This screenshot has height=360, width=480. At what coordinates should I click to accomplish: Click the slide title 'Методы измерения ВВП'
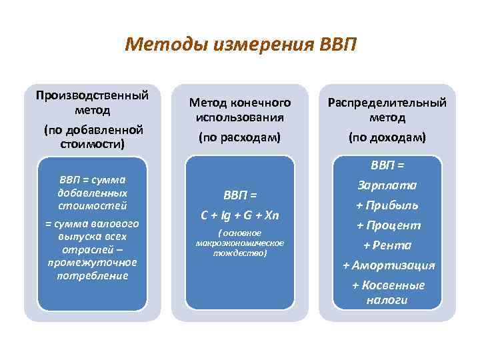tap(241, 45)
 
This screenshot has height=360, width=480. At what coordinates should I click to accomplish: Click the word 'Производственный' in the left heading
tap(92, 95)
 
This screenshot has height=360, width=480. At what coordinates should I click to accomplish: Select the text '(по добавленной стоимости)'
tap(92, 135)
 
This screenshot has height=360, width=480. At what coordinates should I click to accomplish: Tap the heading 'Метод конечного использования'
tap(240, 109)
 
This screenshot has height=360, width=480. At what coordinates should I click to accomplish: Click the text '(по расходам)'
tap(240, 137)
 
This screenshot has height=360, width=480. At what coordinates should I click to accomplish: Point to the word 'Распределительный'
tap(388, 103)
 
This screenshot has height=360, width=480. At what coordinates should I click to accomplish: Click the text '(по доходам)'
tap(388, 137)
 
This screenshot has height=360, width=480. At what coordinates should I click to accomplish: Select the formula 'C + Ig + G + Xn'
tap(240, 215)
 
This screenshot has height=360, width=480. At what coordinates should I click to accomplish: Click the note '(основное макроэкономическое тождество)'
tap(240, 243)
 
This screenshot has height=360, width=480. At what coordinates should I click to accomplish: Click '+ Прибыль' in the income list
tap(388, 205)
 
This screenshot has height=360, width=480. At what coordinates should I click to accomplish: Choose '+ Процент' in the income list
tap(388, 225)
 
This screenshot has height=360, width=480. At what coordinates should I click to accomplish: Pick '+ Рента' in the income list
tap(388, 245)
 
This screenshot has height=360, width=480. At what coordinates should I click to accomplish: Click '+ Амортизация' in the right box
tap(388, 265)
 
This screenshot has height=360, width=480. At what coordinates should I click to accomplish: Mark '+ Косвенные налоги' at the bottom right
tap(388, 292)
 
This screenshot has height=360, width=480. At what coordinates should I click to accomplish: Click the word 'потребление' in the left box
tap(92, 275)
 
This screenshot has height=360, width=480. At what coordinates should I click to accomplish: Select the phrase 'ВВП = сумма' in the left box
tap(92, 180)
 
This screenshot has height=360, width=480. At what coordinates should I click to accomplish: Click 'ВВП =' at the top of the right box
tap(388, 165)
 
